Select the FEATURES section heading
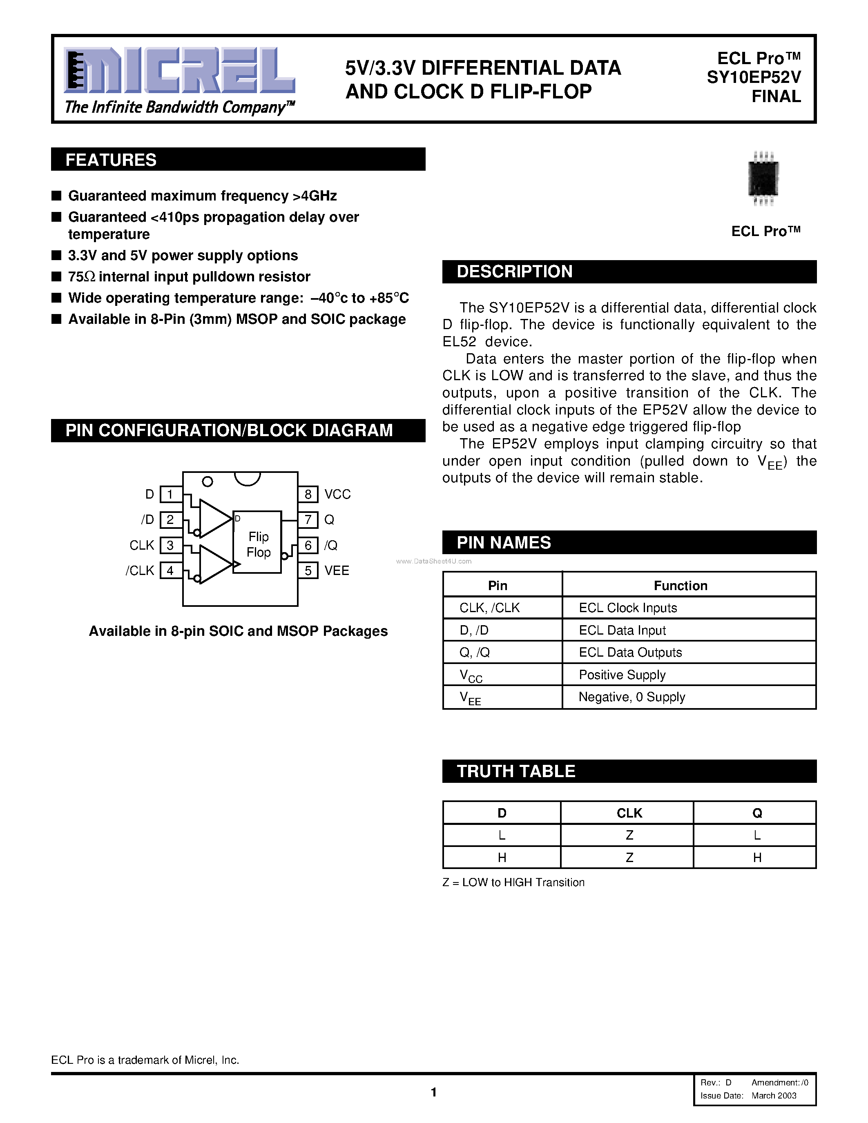click(x=111, y=160)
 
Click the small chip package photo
click(x=763, y=178)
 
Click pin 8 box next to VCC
click(x=308, y=495)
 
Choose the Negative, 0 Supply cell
click(x=631, y=697)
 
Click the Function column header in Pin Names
click(x=681, y=586)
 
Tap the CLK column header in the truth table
click(x=629, y=813)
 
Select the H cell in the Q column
click(x=757, y=858)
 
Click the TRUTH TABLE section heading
click(x=516, y=771)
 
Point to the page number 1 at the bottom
click(x=434, y=1092)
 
